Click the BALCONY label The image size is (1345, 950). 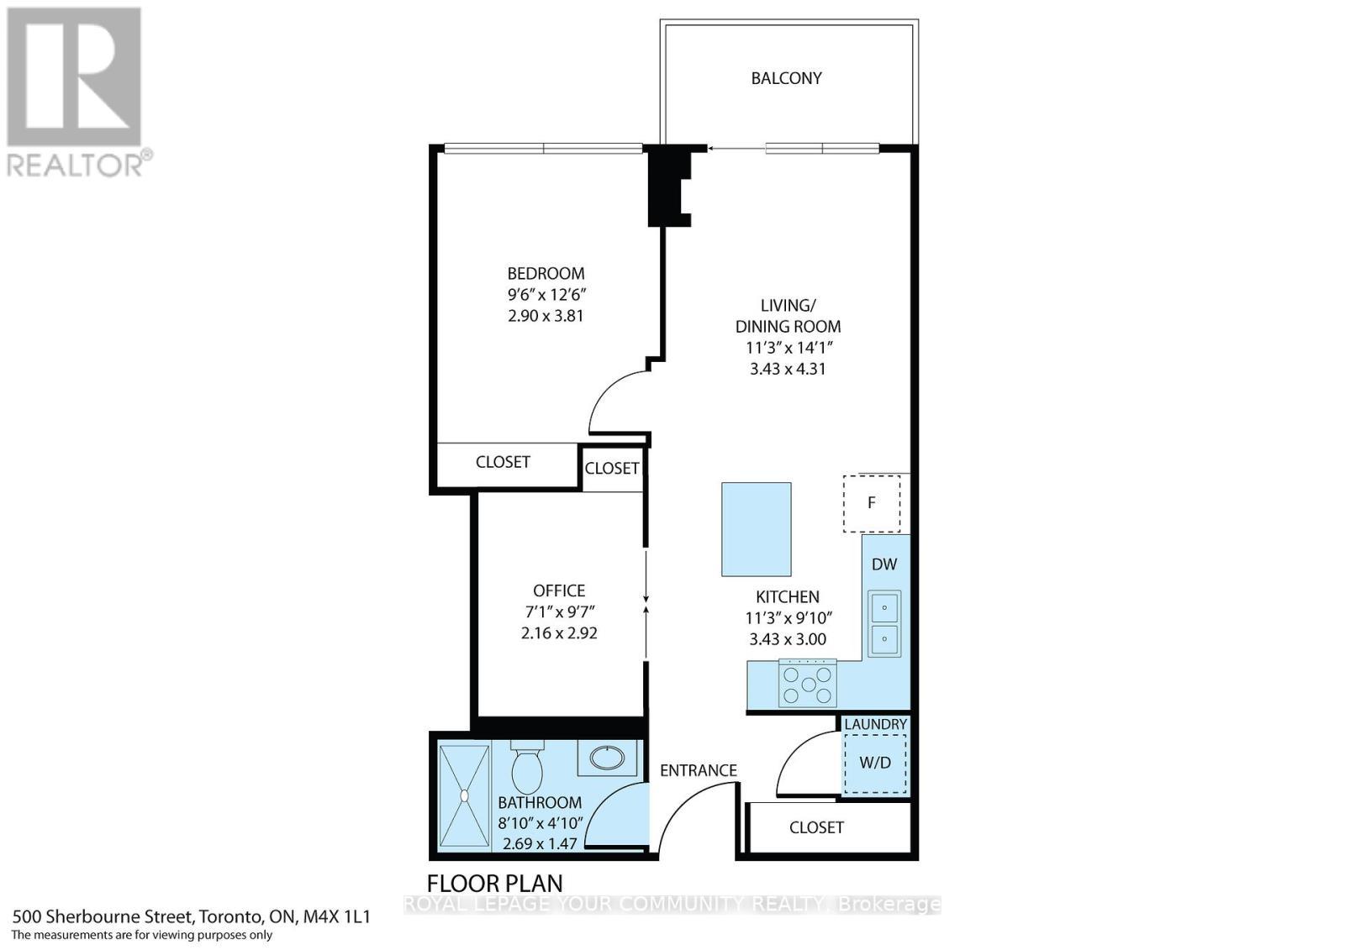[786, 78]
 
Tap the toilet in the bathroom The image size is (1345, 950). [528, 769]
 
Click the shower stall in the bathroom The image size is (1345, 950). [463, 795]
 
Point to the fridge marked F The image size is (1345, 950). [872, 503]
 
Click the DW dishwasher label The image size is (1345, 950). [884, 564]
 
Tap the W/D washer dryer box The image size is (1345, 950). [875, 763]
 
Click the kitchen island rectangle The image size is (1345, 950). [756, 529]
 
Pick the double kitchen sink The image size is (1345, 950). [883, 624]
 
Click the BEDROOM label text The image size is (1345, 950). [546, 274]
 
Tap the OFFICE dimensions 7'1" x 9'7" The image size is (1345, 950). [559, 611]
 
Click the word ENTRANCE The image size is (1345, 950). [698, 770]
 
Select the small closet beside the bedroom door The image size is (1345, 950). [612, 469]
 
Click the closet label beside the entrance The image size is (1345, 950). [816, 827]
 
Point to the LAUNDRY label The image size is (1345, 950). [875, 724]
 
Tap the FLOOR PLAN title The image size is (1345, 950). [495, 884]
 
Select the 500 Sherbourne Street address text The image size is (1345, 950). [192, 916]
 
